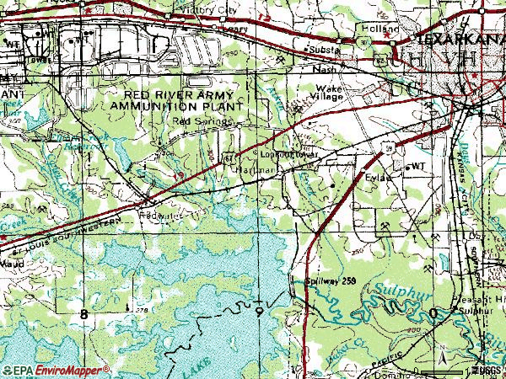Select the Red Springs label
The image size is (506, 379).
click(190, 120)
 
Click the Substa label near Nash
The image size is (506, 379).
click(324, 51)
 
